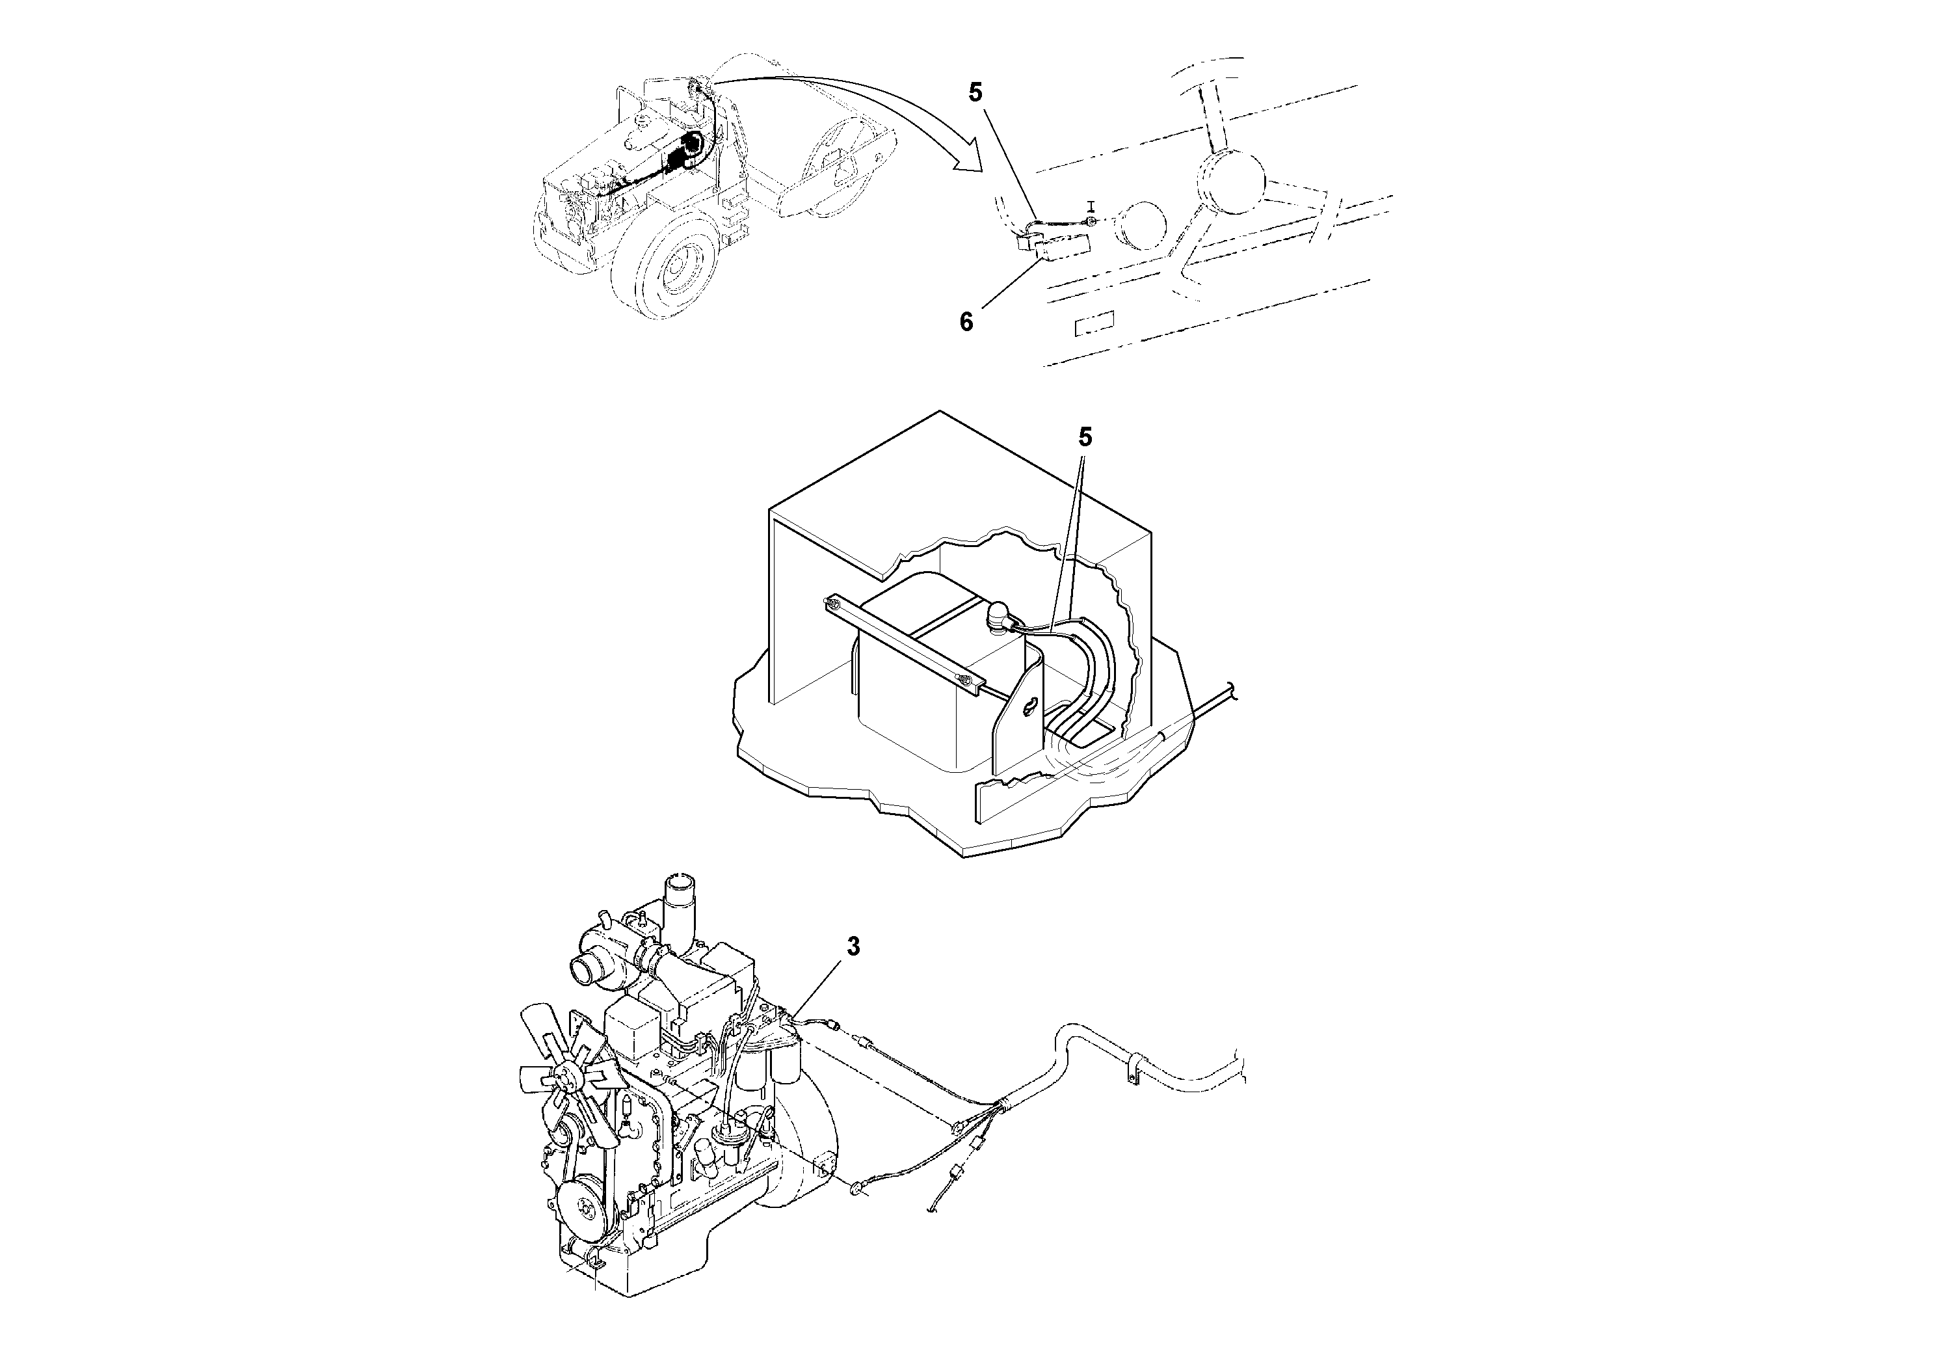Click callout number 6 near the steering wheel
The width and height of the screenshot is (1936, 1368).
(966, 321)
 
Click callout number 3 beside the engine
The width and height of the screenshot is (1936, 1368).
(853, 947)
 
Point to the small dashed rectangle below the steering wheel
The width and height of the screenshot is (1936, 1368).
(1093, 323)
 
